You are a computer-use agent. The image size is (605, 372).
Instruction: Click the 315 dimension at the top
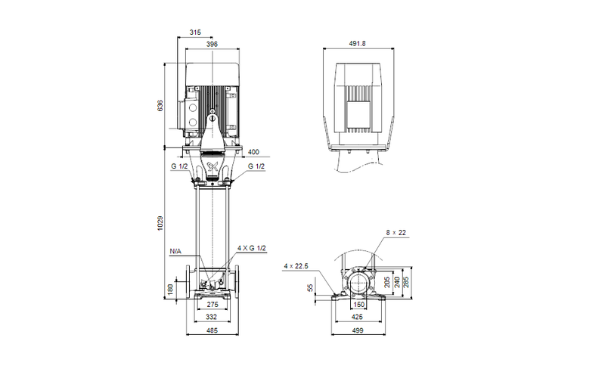pos(195,33)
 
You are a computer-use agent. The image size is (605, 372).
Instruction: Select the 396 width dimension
pos(212,45)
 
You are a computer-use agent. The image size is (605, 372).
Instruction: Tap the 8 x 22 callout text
pos(396,234)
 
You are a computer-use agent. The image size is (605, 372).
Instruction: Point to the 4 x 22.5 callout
pos(296,265)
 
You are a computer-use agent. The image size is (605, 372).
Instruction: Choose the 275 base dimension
pos(213,304)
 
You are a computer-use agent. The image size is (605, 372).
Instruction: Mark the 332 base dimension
pos(213,318)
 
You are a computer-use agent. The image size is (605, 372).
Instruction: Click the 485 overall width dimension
pos(213,331)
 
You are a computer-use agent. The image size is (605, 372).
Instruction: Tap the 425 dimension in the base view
pos(355,318)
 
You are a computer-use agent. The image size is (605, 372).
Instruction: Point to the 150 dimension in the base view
pos(360,304)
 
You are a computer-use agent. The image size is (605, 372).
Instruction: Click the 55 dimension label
pos(311,288)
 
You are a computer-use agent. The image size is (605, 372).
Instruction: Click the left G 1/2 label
pos(178,166)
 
